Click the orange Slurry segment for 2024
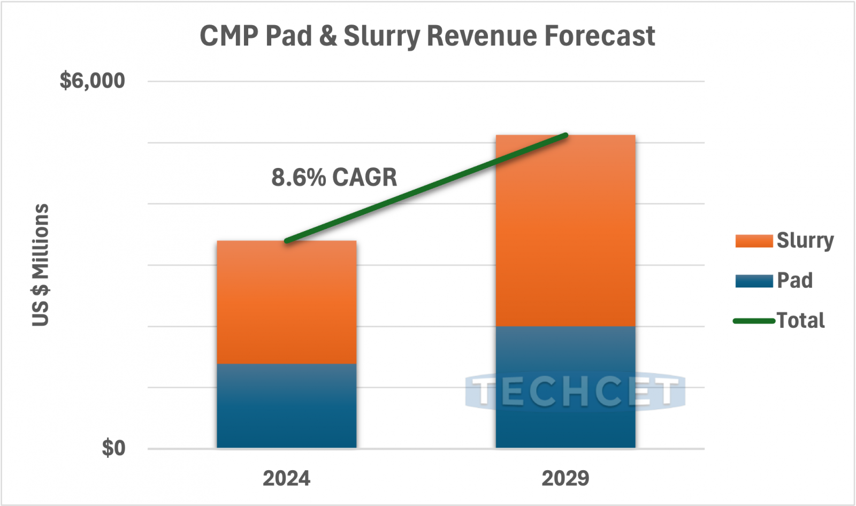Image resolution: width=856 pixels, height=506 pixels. point(286,302)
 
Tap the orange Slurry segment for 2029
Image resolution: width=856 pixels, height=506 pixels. point(565,230)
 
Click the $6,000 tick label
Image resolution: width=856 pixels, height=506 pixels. point(92,81)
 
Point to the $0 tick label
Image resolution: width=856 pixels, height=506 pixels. point(113,448)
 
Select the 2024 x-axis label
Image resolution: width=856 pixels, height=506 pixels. point(286,478)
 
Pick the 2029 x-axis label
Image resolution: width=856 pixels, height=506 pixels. point(565,478)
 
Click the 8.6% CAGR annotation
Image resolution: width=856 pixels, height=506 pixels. point(334,177)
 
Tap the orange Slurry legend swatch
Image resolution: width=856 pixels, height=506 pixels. point(754,241)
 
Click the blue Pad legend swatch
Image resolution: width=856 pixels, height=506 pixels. point(754,281)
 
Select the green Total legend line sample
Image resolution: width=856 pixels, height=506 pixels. point(754,321)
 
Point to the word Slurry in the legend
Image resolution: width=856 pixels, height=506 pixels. point(805,241)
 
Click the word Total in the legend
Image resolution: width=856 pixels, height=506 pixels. point(800,321)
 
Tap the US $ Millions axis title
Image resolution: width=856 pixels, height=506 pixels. point(41,265)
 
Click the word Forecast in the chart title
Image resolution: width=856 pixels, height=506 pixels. point(600,36)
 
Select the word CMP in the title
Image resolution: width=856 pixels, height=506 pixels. point(229,36)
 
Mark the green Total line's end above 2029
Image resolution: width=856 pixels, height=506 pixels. point(565,135)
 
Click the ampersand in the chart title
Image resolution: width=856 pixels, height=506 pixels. point(328,36)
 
